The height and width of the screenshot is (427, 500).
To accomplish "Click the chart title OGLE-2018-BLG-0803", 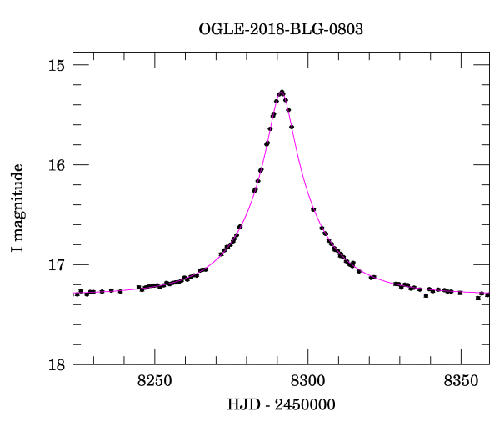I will (x=281, y=29).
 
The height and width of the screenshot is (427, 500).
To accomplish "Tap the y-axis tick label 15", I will (x=59, y=65).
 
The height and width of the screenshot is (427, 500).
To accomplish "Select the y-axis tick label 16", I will (x=59, y=165).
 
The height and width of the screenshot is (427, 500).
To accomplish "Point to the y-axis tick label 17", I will (x=59, y=265).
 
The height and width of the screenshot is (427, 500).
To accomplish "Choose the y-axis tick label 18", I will (x=59, y=365).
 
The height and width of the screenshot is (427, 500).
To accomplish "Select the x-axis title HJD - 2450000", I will (x=281, y=405).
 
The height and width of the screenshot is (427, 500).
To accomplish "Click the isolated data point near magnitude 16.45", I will (x=313, y=209).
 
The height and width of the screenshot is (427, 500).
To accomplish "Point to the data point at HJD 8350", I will (x=460, y=293).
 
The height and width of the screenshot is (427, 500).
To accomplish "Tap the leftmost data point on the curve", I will (x=77, y=294).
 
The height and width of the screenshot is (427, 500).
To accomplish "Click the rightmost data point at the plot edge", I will (x=487, y=294).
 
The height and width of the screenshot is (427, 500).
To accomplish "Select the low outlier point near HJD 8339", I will (x=426, y=295).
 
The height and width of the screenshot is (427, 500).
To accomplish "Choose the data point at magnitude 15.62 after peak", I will (x=292, y=127).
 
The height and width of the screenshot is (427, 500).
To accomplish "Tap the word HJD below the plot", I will (x=242, y=405).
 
